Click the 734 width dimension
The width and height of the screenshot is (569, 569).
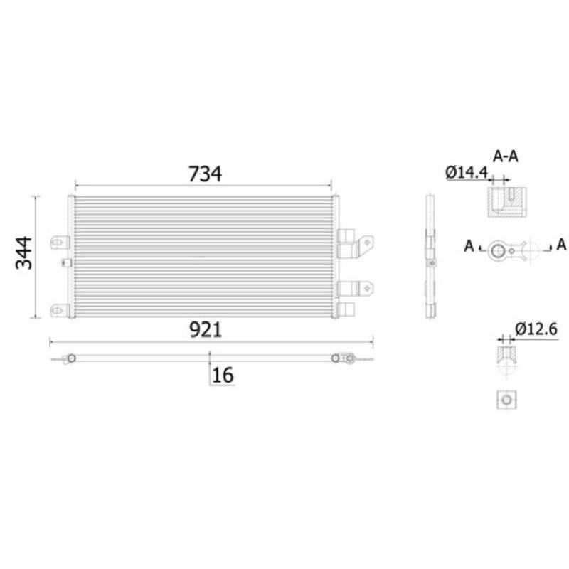coord(205,174)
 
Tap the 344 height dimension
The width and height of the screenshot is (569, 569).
coord(24,253)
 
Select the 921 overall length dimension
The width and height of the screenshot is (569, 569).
coord(206,330)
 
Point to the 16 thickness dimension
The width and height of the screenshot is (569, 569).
coord(223,375)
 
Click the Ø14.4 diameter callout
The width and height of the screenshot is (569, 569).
coord(467,172)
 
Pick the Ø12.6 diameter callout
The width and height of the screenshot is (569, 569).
coord(536,329)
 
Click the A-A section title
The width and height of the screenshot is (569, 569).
coord(505,156)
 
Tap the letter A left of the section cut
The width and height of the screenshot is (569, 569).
coord(469,246)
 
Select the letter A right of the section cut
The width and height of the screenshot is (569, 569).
coord(561,245)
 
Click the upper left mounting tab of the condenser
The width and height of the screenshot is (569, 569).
coord(60,242)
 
